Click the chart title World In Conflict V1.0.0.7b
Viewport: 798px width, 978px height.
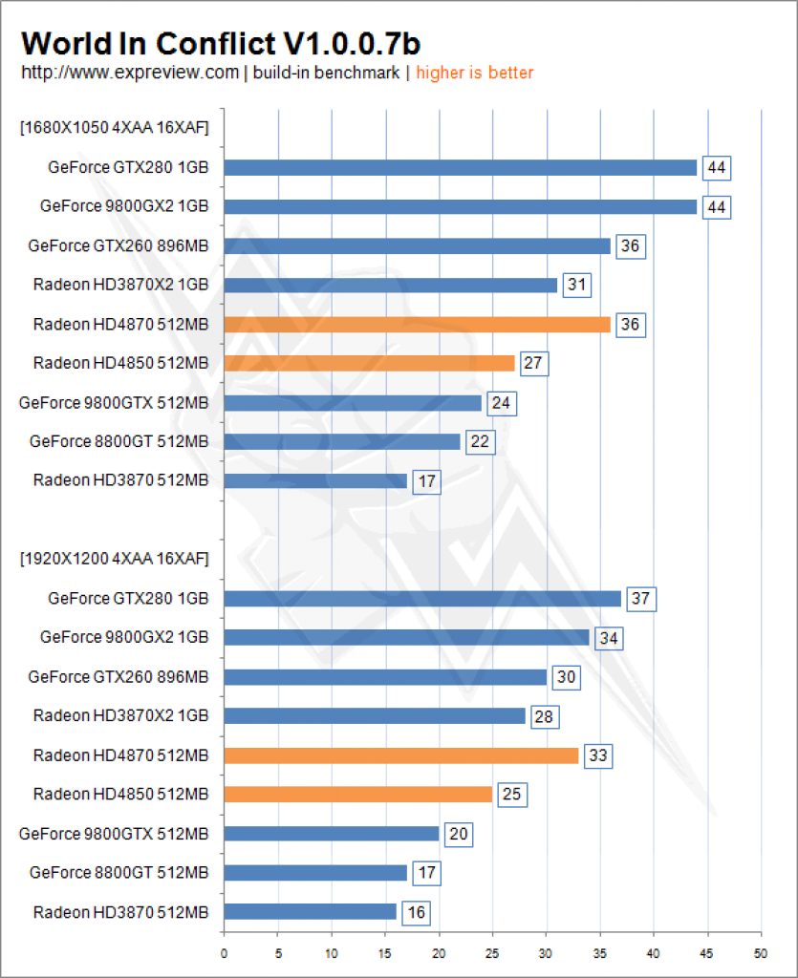click(221, 44)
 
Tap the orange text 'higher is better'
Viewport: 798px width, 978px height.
click(475, 73)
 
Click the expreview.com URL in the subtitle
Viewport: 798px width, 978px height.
click(130, 73)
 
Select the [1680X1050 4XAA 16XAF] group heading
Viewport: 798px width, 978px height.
click(114, 128)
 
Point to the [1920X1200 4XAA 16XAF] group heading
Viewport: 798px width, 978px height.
click(114, 559)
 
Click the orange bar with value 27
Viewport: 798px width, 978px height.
click(369, 363)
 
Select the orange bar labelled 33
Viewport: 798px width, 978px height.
click(401, 755)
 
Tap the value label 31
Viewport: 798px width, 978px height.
click(576, 285)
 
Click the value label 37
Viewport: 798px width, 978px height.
click(640, 599)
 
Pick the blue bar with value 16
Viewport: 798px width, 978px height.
click(310, 911)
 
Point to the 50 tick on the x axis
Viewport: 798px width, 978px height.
click(761, 954)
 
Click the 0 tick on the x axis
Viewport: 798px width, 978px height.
click(224, 954)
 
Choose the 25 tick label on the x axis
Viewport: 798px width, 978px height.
click(492, 954)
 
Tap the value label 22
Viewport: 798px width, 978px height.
click(480, 441)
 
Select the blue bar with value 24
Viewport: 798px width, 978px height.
click(354, 403)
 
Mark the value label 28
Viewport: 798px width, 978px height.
click(544, 716)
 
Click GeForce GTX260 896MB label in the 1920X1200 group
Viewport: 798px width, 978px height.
click(118, 677)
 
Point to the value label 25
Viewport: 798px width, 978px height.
click(511, 795)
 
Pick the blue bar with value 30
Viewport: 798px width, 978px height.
click(385, 677)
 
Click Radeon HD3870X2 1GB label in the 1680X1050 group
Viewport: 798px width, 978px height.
click(120, 285)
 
